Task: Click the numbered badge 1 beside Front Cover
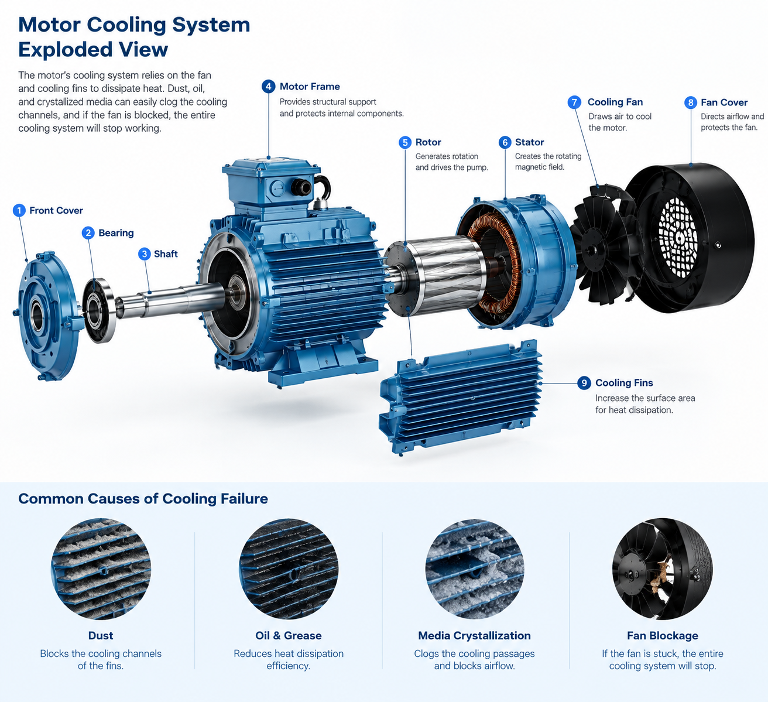[19, 210]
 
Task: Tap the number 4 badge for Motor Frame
[268, 87]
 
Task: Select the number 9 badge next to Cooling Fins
[584, 382]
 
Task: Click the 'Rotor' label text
[428, 142]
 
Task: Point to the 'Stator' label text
[529, 142]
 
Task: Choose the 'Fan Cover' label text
[724, 102]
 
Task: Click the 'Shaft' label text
[166, 254]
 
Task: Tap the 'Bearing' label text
[116, 233]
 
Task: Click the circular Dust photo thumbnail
[101, 569]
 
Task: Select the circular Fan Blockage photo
[662, 569]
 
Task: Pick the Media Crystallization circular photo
[474, 569]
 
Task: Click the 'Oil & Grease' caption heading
[288, 635]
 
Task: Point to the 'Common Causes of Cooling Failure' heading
[143, 499]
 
